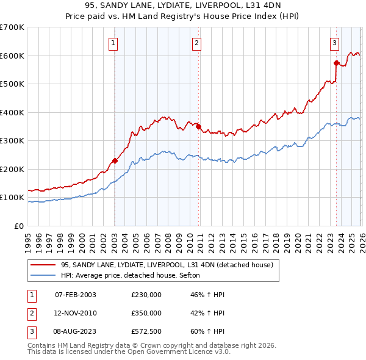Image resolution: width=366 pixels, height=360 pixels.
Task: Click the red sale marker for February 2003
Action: (115, 161)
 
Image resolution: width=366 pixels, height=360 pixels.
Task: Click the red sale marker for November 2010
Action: (198, 127)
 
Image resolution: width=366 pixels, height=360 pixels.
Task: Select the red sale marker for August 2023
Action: (336, 63)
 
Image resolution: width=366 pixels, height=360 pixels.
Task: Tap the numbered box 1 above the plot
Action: (114, 43)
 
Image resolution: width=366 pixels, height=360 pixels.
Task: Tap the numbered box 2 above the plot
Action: (197, 43)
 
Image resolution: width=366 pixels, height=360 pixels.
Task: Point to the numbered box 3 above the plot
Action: (335, 43)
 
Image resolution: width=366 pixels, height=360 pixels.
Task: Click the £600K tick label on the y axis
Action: (12, 56)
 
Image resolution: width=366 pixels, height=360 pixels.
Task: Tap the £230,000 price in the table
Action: (146, 295)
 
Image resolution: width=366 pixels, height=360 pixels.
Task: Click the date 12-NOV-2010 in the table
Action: (76, 313)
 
